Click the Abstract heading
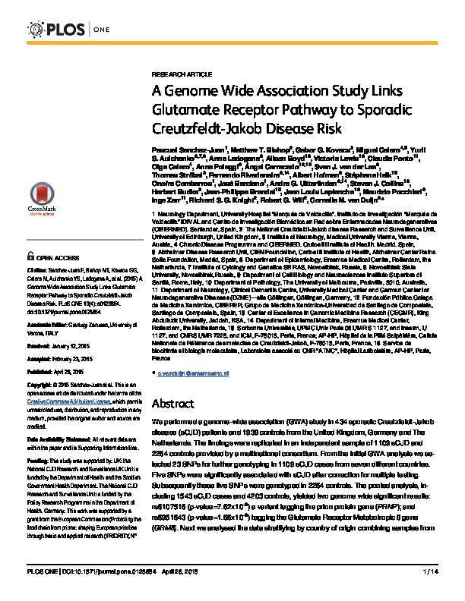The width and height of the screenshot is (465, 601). pos(174,403)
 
